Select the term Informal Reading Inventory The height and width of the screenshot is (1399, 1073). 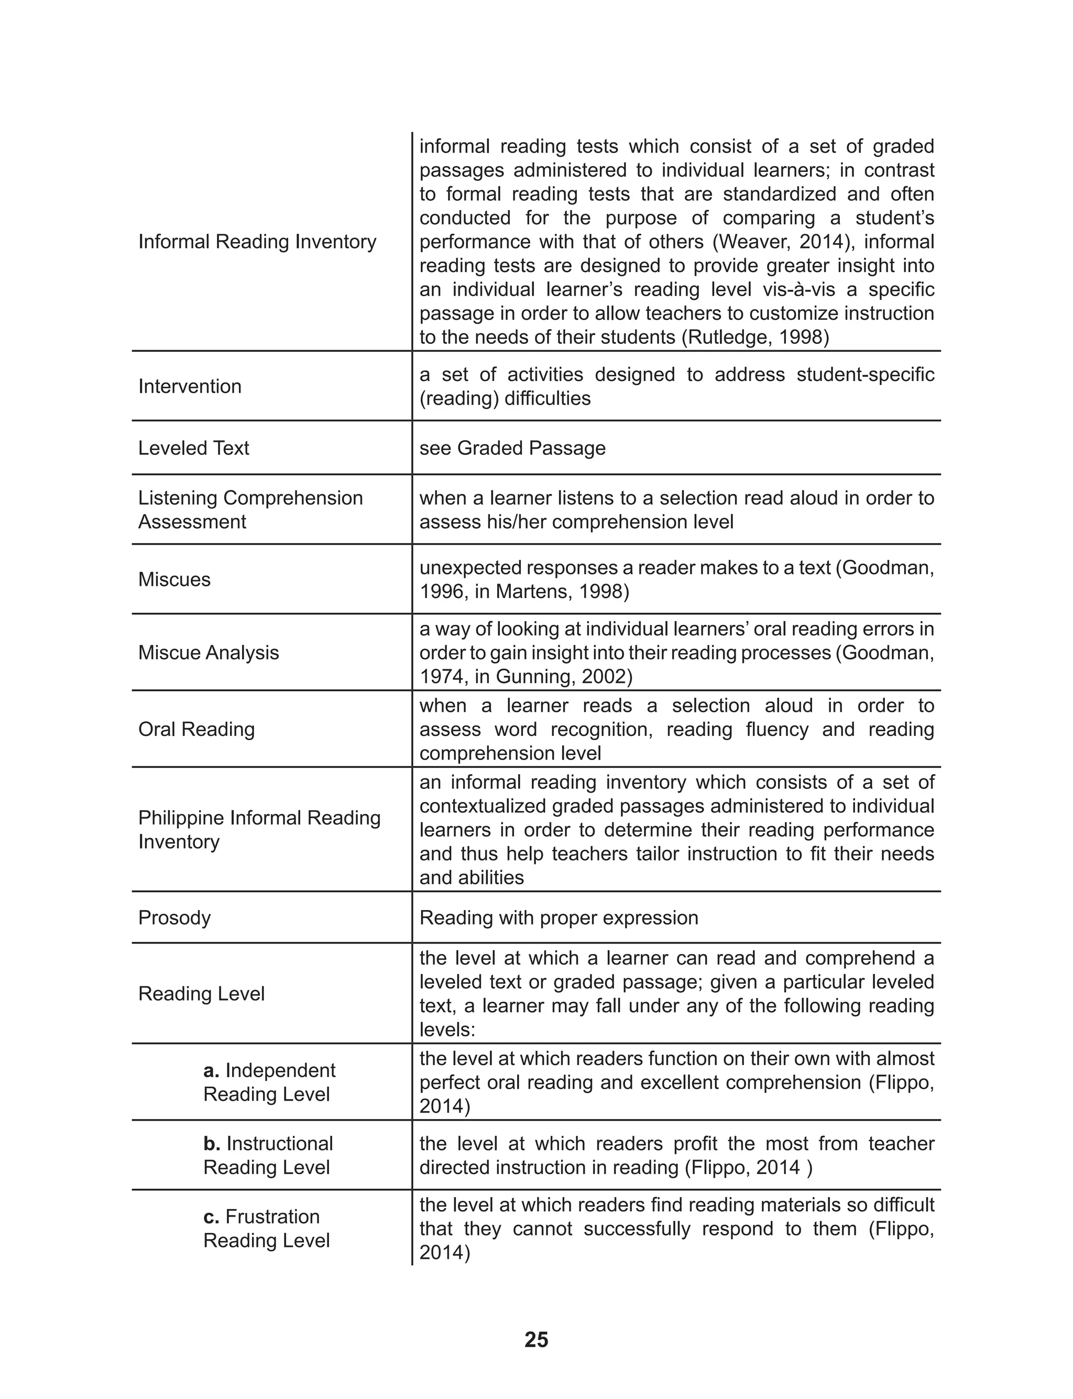click(257, 242)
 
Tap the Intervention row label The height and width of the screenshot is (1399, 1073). click(190, 386)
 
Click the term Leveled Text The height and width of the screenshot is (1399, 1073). click(193, 449)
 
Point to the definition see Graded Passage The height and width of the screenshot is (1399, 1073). click(512, 449)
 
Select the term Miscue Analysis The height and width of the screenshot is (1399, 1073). click(209, 653)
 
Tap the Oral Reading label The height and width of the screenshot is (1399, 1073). click(196, 730)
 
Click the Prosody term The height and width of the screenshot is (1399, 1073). click(174, 918)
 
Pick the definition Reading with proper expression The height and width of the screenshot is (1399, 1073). click(559, 918)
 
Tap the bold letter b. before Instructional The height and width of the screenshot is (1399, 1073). click(212, 1144)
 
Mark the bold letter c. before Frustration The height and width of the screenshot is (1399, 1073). click(212, 1217)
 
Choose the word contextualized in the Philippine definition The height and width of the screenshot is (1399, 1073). click(483, 807)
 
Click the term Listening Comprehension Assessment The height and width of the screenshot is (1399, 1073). click(250, 510)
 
